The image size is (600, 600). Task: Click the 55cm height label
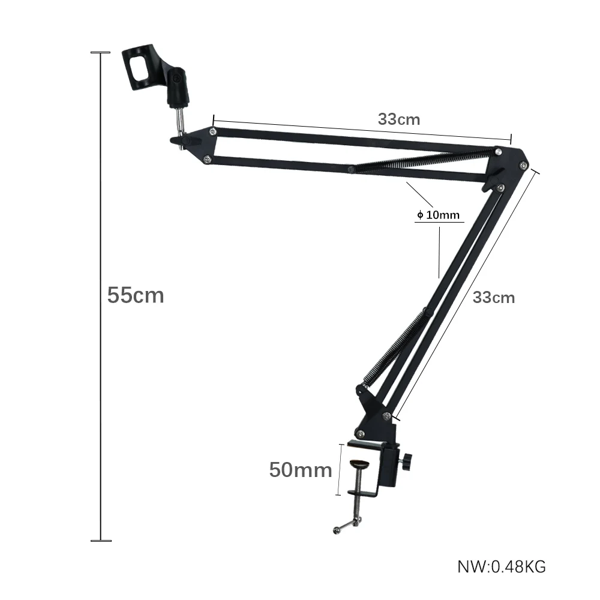pyautogui.click(x=136, y=295)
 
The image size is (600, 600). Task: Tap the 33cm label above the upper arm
pyautogui.click(x=399, y=119)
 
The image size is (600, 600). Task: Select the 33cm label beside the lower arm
pyautogui.click(x=494, y=298)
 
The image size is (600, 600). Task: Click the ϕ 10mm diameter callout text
pyautogui.click(x=438, y=215)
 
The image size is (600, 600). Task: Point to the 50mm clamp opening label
pyautogui.click(x=301, y=470)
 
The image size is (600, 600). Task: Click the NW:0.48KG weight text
pyautogui.click(x=502, y=567)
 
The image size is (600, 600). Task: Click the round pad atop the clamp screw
pyautogui.click(x=359, y=464)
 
